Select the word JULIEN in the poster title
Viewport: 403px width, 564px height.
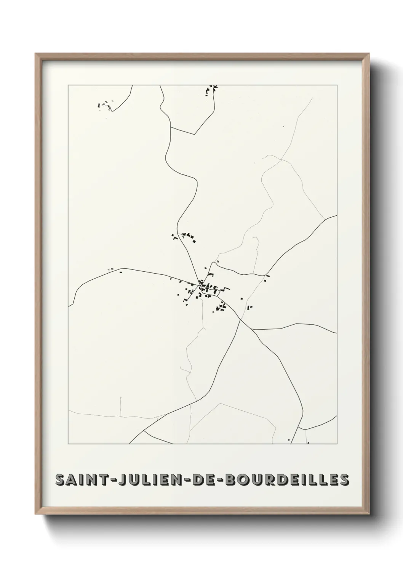(x=144, y=480)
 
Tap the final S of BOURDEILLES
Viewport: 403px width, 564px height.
(x=344, y=480)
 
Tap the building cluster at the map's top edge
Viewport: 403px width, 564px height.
(x=211, y=89)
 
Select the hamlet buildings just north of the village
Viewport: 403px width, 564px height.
(x=186, y=236)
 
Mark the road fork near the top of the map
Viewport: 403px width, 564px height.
(x=170, y=128)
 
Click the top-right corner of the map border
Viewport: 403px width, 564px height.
(x=337, y=85)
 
